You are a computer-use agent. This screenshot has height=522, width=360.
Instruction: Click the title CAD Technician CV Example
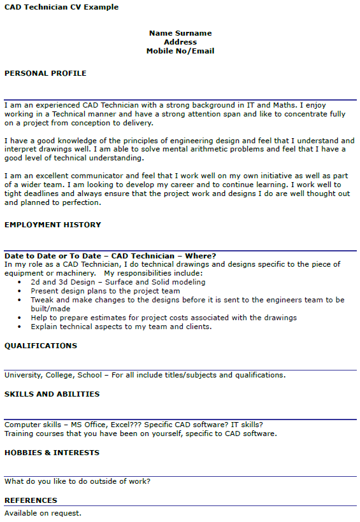coord(61,7)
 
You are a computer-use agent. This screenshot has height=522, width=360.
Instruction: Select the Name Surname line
coord(180,33)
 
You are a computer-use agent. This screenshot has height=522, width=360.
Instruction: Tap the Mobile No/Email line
coord(180,51)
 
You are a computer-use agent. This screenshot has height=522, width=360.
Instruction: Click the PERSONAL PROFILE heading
coord(45,73)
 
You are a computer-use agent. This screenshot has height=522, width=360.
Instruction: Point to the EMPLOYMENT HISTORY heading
coord(53,225)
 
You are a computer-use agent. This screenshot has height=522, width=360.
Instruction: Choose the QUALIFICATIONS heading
coord(41,346)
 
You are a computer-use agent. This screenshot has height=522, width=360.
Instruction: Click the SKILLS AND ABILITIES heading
coord(52,394)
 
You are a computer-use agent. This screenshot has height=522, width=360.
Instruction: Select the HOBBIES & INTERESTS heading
coord(52,453)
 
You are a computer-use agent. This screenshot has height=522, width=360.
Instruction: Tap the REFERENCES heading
coord(31,500)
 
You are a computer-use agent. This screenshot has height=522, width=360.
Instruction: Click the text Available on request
coord(43,512)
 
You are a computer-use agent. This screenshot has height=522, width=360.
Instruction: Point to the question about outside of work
coord(77,481)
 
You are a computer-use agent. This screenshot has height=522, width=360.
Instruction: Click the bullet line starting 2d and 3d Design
coord(118,282)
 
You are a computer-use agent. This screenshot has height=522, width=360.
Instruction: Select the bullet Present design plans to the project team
coord(105,291)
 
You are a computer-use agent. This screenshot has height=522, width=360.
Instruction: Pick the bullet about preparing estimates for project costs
coord(163,318)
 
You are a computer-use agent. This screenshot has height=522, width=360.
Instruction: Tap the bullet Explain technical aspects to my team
coord(121,327)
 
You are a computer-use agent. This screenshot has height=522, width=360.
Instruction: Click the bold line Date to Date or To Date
coord(110,256)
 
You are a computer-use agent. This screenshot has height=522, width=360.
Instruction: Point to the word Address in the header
coord(180,42)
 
